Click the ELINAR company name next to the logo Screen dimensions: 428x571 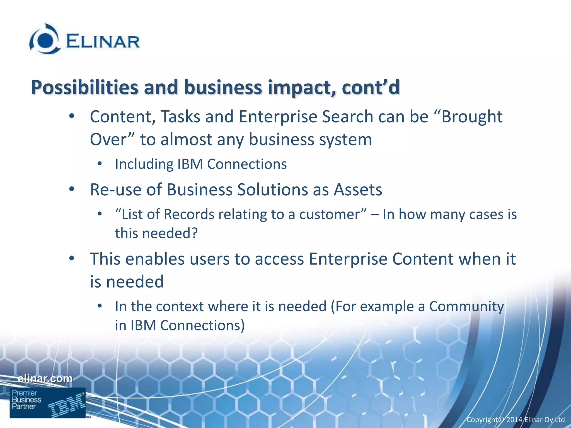pyautogui.click(x=103, y=42)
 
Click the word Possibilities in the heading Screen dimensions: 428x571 pyautogui.click(x=84, y=87)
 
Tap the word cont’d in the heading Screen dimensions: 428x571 pyautogui.click(x=371, y=87)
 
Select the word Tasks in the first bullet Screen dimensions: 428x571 pyautogui.click(x=180, y=116)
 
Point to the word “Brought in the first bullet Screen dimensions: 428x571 pyautogui.click(x=472, y=116)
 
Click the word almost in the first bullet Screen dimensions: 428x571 pyautogui.click(x=186, y=139)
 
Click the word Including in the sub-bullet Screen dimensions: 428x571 pyautogui.click(x=144, y=164)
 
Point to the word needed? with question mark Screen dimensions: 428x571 pyautogui.click(x=170, y=233)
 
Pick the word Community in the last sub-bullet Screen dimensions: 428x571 pyautogui.click(x=466, y=306)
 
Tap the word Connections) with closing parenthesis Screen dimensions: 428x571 pyautogui.click(x=202, y=325)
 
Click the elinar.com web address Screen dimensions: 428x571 pyautogui.click(x=45, y=378)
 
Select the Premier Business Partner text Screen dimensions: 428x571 pyautogui.click(x=26, y=400)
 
